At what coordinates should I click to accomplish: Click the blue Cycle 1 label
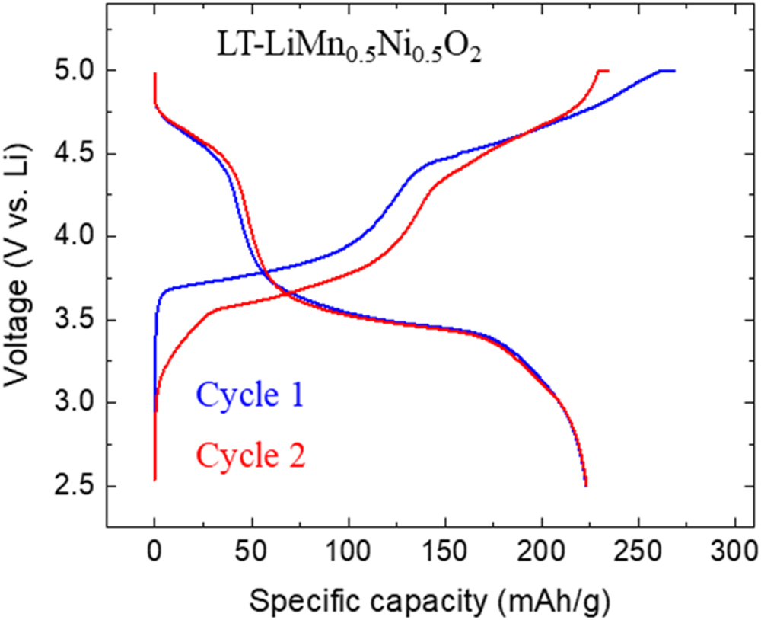(x=250, y=397)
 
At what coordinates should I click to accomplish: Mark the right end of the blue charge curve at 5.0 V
(x=674, y=71)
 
